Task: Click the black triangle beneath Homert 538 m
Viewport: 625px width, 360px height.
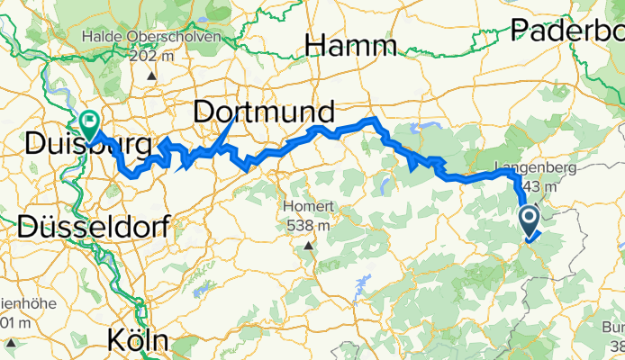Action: click(309, 245)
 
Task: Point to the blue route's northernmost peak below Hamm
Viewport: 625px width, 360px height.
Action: click(369, 119)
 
